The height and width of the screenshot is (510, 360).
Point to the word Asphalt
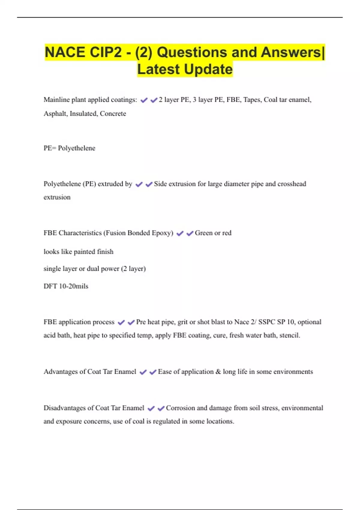click(x=55, y=114)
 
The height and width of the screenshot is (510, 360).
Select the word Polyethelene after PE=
click(x=76, y=148)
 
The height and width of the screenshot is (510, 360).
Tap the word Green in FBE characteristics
click(x=204, y=233)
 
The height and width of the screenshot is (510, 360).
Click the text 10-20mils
click(x=73, y=286)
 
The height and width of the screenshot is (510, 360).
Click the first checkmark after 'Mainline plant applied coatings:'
click(x=144, y=100)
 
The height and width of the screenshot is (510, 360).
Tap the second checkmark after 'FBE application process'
click(x=131, y=322)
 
